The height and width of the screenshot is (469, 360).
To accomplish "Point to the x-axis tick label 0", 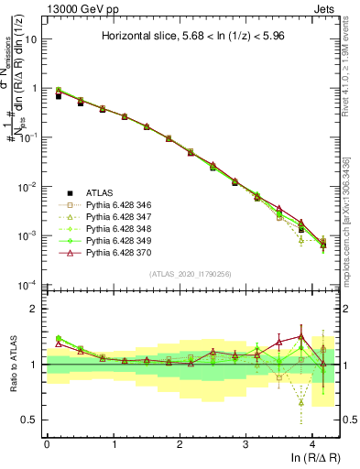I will point(47,442).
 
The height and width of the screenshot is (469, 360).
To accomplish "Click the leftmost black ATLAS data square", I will point(59,95).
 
